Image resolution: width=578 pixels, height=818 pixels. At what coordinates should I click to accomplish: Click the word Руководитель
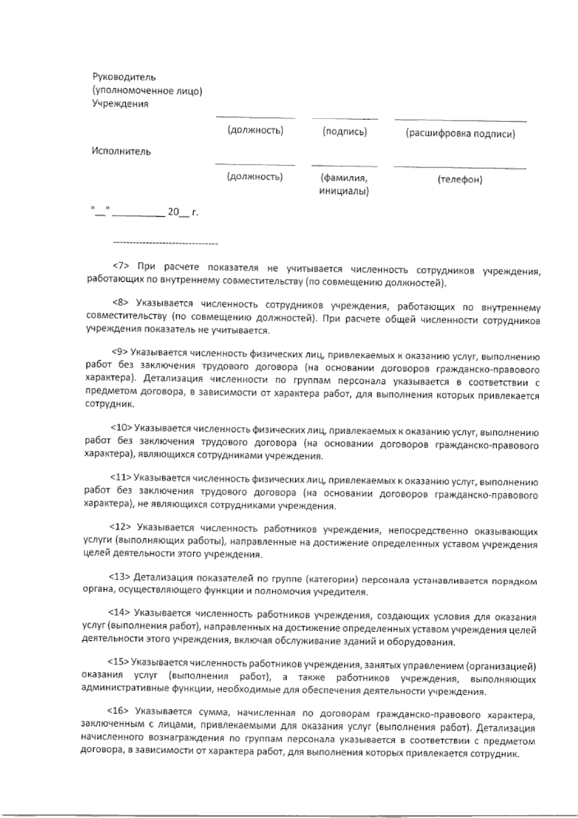pyautogui.click(x=124, y=77)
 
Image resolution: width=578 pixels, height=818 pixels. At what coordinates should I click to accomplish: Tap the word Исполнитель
pyautogui.click(x=121, y=152)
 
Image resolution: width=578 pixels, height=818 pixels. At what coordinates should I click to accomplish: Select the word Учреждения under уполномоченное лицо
pyautogui.click(x=120, y=104)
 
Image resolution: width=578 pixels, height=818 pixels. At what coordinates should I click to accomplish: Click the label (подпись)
pyautogui.click(x=345, y=132)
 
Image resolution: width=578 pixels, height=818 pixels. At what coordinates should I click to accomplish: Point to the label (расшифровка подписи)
pyautogui.click(x=460, y=134)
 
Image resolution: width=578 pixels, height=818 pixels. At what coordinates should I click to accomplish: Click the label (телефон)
pyautogui.click(x=460, y=180)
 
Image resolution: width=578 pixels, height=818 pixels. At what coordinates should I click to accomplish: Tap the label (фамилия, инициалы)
pyautogui.click(x=344, y=185)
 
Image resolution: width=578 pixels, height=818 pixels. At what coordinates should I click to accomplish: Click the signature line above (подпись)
pyautogui.click(x=345, y=119)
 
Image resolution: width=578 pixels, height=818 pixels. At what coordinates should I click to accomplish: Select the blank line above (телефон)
pyautogui.click(x=460, y=168)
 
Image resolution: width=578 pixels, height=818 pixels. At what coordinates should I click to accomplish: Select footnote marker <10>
pyautogui.click(x=121, y=427)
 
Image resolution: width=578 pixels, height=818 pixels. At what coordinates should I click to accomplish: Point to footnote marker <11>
pyautogui.click(x=121, y=477)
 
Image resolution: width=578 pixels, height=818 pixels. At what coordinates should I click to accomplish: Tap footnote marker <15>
pyautogui.click(x=118, y=662)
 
